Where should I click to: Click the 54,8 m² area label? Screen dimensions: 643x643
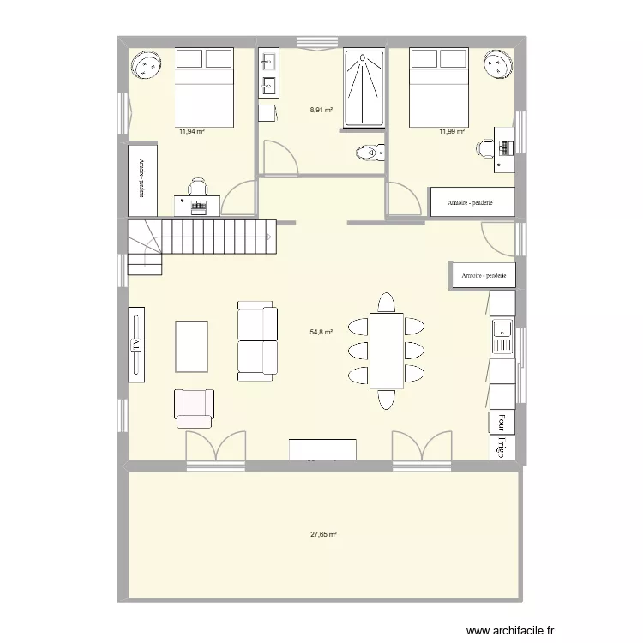(321, 332)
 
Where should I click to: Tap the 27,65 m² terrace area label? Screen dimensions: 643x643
(323, 534)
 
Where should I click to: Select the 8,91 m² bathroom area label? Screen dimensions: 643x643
(321, 110)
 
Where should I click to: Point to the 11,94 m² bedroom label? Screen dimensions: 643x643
(190, 132)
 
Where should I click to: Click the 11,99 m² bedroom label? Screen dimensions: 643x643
(452, 132)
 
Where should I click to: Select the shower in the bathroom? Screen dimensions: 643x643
(364, 88)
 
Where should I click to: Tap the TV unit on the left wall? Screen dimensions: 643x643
(136, 344)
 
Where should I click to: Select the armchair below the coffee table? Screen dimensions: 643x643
(194, 408)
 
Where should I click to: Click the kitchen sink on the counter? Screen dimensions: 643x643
(502, 337)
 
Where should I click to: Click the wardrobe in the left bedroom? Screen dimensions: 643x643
(136, 182)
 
